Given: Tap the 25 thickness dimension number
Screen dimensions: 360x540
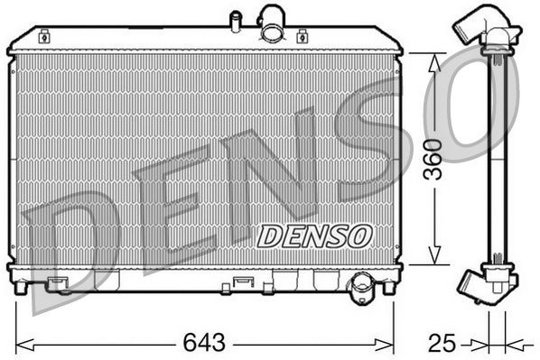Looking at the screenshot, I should pos(442,344).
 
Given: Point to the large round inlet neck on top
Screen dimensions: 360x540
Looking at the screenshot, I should pos(271,23).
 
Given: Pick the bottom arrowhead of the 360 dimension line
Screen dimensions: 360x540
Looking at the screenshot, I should pos(434,260).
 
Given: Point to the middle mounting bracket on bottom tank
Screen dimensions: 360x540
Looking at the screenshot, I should pos(242,283).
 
